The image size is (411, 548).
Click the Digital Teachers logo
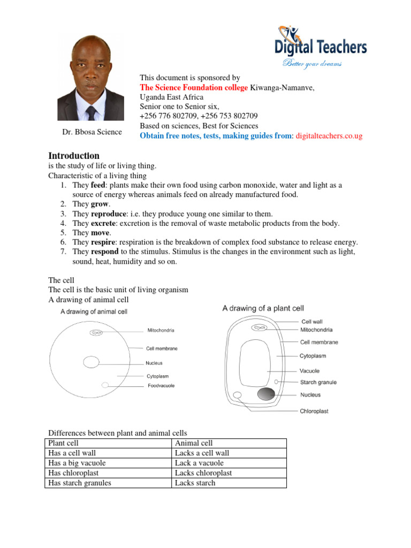click(321, 45)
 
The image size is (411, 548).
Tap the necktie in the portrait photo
click(91, 113)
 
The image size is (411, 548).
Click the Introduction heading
click(74, 156)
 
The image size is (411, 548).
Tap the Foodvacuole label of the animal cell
click(161, 385)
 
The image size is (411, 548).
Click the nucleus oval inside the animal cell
click(91, 362)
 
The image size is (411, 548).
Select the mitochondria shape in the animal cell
click(96, 333)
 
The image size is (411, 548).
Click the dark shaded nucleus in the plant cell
click(267, 394)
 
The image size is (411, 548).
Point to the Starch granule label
click(318, 382)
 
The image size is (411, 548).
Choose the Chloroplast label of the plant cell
click(314, 411)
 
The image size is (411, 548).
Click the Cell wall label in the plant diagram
click(311, 322)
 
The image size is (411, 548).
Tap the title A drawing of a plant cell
click(263, 308)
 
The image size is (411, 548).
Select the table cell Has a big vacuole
click(77, 463)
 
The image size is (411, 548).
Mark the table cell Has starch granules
click(80, 483)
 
